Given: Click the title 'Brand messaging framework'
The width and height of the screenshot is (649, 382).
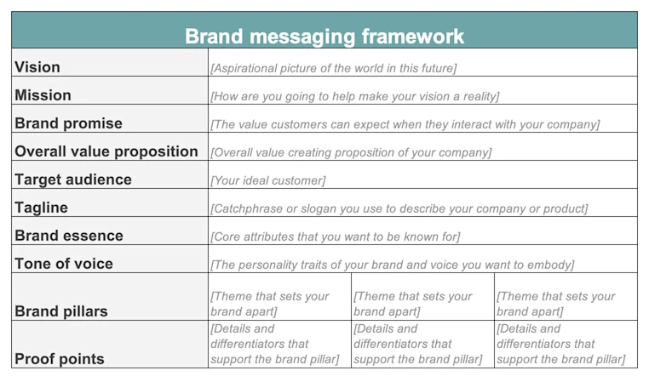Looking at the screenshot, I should pyautogui.click(x=324, y=37).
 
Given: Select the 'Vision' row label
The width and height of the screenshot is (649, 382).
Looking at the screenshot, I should pyautogui.click(x=37, y=67).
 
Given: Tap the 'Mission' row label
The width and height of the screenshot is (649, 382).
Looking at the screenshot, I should pyautogui.click(x=43, y=95).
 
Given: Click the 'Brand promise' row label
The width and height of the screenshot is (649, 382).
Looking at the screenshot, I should pyautogui.click(x=68, y=123).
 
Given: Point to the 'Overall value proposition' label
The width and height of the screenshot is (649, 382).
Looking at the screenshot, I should pyautogui.click(x=106, y=151).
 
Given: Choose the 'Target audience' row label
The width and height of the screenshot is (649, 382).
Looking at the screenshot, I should pyautogui.click(x=73, y=180).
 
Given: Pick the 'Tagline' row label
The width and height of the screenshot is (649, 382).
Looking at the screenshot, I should pyautogui.click(x=41, y=208).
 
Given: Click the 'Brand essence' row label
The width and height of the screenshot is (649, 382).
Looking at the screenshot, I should pyautogui.click(x=69, y=236).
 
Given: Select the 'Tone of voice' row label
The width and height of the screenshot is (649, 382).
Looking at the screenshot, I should pyautogui.click(x=63, y=264).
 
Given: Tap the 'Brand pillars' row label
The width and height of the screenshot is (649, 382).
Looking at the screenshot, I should pyautogui.click(x=61, y=311).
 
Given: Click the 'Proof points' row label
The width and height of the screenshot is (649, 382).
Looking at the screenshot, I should pyautogui.click(x=60, y=359).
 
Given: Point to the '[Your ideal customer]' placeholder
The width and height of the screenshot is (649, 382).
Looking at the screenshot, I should pyautogui.click(x=267, y=180).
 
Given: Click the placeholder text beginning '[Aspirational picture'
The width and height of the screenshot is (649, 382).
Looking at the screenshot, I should pyautogui.click(x=334, y=68).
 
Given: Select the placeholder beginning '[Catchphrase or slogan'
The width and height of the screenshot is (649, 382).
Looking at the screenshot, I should pyautogui.click(x=399, y=208).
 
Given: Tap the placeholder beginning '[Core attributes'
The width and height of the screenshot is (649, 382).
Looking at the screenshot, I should pyautogui.click(x=335, y=237).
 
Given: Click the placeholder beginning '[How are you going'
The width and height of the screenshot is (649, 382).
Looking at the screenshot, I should pyautogui.click(x=354, y=96).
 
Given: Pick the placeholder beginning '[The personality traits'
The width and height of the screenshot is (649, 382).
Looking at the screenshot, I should pyautogui.click(x=392, y=265).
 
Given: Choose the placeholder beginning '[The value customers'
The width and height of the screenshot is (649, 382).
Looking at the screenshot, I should pyautogui.click(x=405, y=124).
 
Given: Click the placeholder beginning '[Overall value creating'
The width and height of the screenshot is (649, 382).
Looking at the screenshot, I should pyautogui.click(x=351, y=152).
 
